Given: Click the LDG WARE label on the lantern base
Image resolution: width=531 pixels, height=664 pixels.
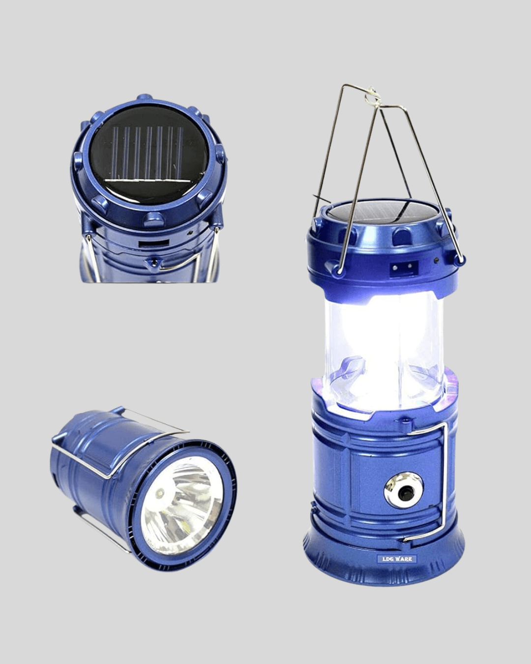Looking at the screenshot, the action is coord(397,559).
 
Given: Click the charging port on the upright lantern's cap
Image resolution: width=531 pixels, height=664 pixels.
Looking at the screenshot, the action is coord(405,266).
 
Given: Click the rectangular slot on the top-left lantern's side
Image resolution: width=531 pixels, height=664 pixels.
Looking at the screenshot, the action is coord(153,244).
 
